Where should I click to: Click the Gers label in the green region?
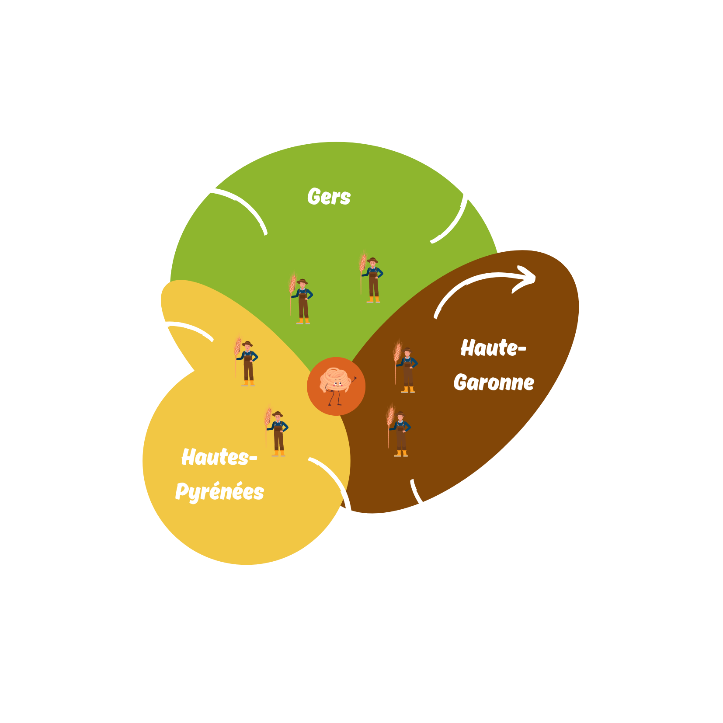pyautogui.click(x=329, y=197)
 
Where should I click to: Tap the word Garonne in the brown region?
pyautogui.click(x=494, y=383)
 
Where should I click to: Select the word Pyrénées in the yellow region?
pyautogui.click(x=219, y=492)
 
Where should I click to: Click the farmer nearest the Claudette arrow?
pyautogui.click(x=247, y=363)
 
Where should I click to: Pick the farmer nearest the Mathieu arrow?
pyautogui.click(x=400, y=433)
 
